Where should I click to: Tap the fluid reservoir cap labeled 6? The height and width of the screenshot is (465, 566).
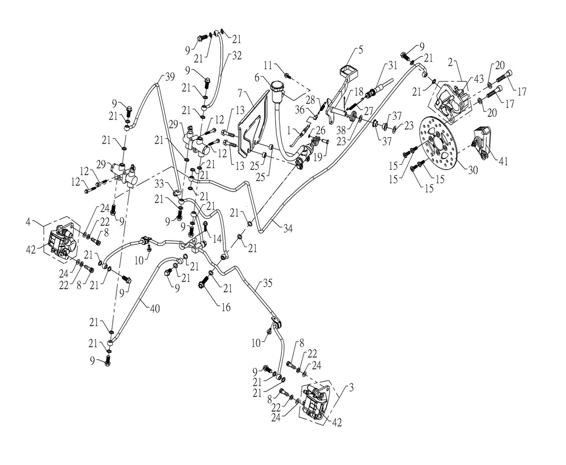tap(277, 86)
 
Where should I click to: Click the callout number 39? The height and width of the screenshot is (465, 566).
tap(169, 77)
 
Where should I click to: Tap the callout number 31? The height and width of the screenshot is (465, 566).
tap(391, 65)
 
